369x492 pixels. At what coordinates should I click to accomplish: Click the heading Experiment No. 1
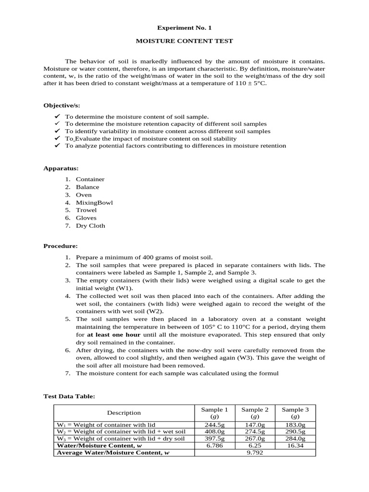[x=184, y=28]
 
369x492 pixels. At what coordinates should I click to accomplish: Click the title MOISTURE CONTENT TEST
[x=184, y=41]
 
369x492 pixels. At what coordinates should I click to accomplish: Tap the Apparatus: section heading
[x=61, y=169]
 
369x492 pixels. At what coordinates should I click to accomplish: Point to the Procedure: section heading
[x=61, y=246]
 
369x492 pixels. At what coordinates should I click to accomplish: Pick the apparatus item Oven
[x=84, y=195]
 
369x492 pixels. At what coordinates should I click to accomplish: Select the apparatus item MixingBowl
[x=94, y=202]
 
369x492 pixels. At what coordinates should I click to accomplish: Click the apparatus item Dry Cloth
[x=90, y=225]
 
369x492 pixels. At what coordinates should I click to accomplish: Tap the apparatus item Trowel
[x=86, y=210]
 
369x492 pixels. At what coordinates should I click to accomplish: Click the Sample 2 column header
[x=255, y=413]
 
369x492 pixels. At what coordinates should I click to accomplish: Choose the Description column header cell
[x=123, y=413]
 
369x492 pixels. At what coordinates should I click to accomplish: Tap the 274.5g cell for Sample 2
[x=255, y=432]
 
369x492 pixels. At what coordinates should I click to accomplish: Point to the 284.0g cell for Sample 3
[x=295, y=439]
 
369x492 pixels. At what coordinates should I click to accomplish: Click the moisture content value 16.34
[x=295, y=445]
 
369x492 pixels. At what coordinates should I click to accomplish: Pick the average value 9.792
[x=255, y=453]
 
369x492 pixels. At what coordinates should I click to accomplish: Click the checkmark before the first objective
[x=57, y=117]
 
